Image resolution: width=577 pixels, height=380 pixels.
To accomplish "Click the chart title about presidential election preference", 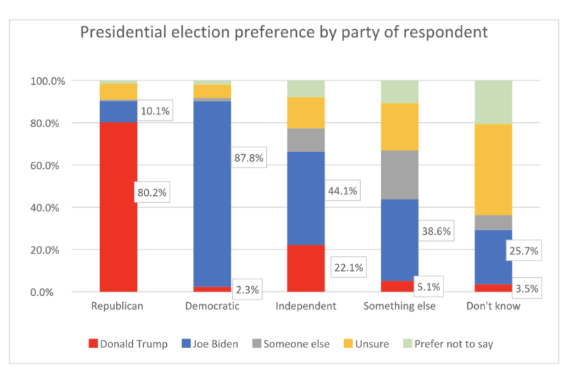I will (284, 33).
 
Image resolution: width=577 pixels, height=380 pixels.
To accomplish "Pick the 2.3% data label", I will (246, 290).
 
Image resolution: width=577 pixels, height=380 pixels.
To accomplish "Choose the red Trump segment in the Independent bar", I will (306, 268).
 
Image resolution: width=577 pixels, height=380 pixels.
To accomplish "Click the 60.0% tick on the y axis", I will (48, 165).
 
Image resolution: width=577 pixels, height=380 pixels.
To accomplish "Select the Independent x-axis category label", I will (306, 306).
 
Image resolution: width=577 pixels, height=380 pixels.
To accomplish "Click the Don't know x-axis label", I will (493, 306).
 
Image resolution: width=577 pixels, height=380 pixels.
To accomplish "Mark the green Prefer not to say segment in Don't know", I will (493, 102).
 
